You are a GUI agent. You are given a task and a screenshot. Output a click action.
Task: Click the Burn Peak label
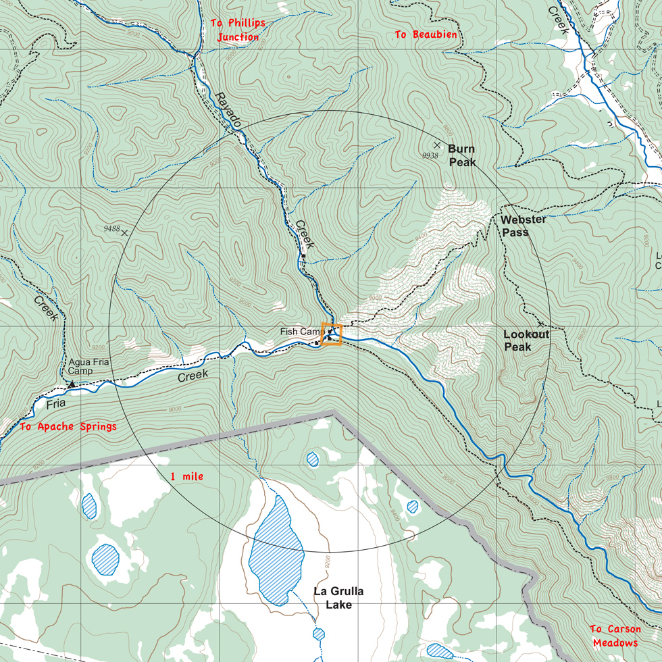(x=462, y=155)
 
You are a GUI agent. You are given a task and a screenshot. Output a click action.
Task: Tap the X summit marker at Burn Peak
(x=437, y=145)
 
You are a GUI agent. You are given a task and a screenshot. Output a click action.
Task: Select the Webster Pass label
(x=523, y=226)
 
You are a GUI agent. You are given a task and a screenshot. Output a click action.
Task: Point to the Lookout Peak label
(x=526, y=340)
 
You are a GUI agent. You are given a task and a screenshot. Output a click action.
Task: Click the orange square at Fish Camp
(x=332, y=334)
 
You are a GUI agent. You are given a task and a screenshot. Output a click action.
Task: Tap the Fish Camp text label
(x=301, y=332)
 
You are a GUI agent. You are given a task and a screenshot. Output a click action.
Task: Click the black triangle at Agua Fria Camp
(x=72, y=384)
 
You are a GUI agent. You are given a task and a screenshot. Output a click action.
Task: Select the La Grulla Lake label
(x=338, y=598)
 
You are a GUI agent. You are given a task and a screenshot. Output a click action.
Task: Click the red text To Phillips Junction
(x=237, y=30)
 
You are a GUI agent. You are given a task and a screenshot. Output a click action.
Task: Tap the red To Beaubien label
(x=426, y=34)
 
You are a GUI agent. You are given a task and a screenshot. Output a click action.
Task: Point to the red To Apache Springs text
(x=68, y=426)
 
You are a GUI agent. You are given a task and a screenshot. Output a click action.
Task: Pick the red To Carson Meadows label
(x=615, y=636)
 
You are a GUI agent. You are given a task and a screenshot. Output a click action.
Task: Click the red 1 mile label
(x=186, y=477)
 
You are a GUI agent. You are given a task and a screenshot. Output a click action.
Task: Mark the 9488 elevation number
(x=111, y=229)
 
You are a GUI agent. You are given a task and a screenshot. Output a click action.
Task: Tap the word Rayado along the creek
(x=228, y=109)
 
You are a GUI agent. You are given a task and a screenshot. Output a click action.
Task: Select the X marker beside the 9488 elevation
(x=124, y=232)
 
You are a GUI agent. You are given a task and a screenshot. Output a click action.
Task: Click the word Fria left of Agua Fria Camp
(x=57, y=405)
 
